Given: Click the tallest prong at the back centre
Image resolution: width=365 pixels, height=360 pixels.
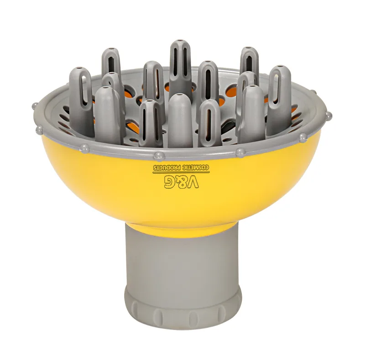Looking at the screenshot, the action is click(x=181, y=67).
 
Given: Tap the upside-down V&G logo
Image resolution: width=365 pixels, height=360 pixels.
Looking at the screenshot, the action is click(x=182, y=181).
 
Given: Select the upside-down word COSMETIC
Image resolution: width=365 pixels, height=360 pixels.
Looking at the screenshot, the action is click(x=197, y=168).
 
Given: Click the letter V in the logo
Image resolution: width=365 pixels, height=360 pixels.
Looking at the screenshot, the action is click(x=193, y=181).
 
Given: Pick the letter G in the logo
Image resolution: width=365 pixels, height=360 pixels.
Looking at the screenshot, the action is click(x=170, y=181).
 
